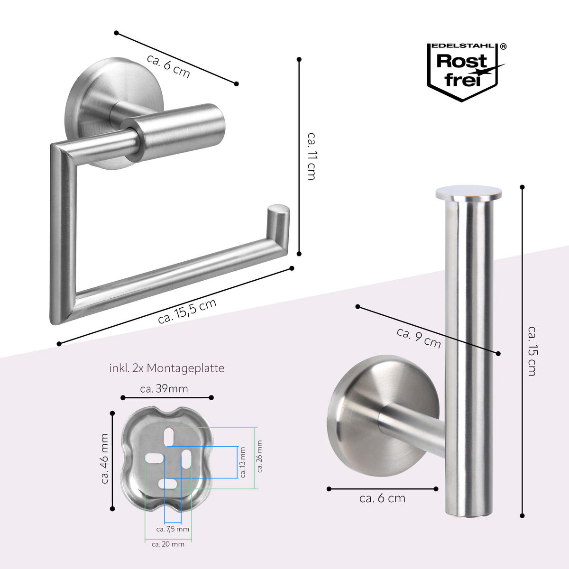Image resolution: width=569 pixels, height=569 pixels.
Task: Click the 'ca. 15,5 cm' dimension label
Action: (187, 312)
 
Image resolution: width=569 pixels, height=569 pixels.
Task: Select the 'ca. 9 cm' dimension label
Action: (419, 338)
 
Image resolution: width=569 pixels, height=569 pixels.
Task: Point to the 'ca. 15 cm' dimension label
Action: (532, 351)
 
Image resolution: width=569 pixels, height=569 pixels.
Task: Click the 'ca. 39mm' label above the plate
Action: (164, 389)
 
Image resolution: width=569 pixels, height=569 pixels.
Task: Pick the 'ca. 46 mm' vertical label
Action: (105, 459)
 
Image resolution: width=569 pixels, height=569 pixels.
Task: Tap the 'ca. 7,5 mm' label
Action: (173, 529)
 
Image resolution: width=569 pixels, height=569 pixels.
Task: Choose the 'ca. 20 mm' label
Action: (168, 544)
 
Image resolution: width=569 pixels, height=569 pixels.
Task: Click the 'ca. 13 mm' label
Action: (243, 462)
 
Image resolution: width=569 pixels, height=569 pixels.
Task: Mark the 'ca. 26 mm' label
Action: (259, 457)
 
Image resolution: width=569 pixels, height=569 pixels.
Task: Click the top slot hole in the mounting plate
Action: (168, 437)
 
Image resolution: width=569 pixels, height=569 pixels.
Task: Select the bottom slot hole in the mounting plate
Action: (168, 484)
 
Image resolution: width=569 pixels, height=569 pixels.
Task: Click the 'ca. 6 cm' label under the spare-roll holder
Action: (382, 498)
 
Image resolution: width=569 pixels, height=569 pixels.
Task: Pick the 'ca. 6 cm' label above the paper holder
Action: (168, 66)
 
